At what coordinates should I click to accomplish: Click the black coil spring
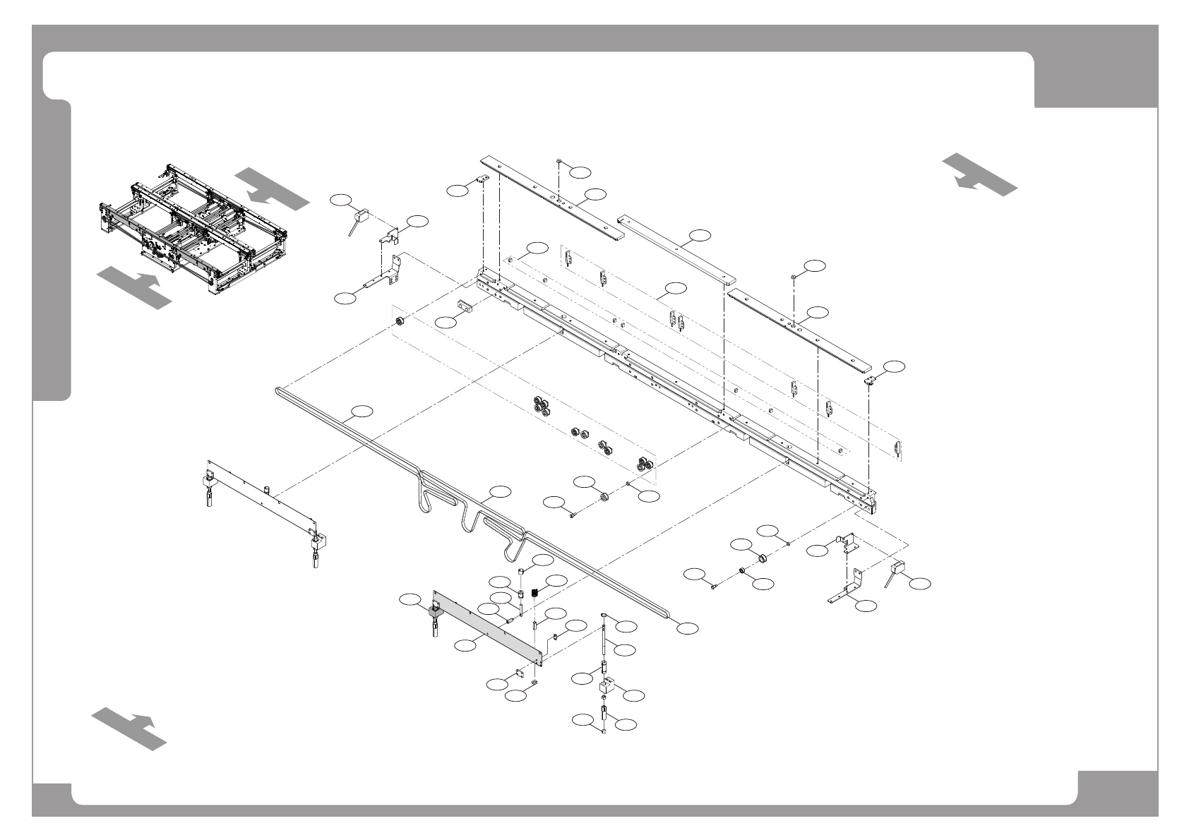tap(535, 593)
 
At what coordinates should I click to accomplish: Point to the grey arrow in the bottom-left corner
tap(129, 727)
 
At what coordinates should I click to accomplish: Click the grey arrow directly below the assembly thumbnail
tap(133, 287)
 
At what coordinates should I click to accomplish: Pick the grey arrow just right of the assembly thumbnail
tap(271, 188)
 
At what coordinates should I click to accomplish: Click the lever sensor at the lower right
tap(895, 572)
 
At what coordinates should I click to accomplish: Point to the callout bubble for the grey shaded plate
tap(465, 644)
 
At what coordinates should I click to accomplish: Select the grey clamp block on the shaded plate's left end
tap(432, 611)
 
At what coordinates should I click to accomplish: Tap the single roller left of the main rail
tap(400, 323)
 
